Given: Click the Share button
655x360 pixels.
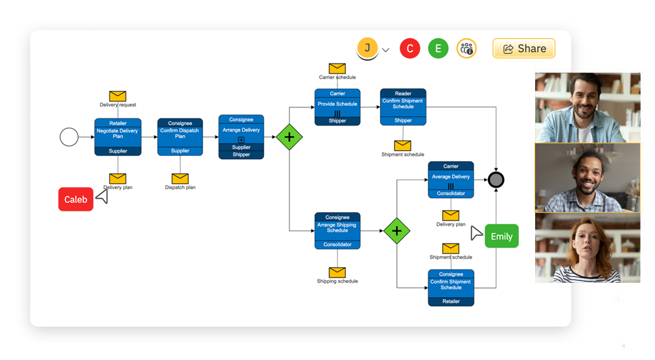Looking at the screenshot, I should [523, 48].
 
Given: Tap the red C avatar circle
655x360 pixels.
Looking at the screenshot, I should [410, 48].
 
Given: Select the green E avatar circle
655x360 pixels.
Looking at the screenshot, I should [438, 48].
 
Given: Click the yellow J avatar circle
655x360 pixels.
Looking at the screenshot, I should [367, 48].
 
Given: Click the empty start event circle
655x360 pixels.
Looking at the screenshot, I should [69, 137].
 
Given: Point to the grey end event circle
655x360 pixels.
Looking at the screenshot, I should [496, 179].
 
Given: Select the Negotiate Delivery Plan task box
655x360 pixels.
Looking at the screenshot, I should [118, 137].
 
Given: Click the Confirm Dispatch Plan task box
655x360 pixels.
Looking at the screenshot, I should [180, 137].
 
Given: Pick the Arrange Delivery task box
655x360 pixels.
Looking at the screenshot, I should [241, 137].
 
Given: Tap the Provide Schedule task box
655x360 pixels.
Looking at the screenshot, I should [337, 107].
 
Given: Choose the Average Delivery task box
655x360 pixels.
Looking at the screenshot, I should [451, 179].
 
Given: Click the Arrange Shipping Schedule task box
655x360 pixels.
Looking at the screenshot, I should [337, 230].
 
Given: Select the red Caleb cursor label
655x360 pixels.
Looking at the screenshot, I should [76, 200].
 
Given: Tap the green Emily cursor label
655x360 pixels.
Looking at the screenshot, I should [502, 236].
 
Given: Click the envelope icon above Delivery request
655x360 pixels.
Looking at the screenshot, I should [118, 96].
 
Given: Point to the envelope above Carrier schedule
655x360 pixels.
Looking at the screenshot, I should [337, 68].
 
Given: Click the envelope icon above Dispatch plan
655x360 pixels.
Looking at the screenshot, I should [180, 178].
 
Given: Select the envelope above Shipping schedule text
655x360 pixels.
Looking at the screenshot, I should [337, 272].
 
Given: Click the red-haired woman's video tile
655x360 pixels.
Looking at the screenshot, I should [588, 247].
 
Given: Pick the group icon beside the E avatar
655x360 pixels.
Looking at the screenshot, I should [466, 48].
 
